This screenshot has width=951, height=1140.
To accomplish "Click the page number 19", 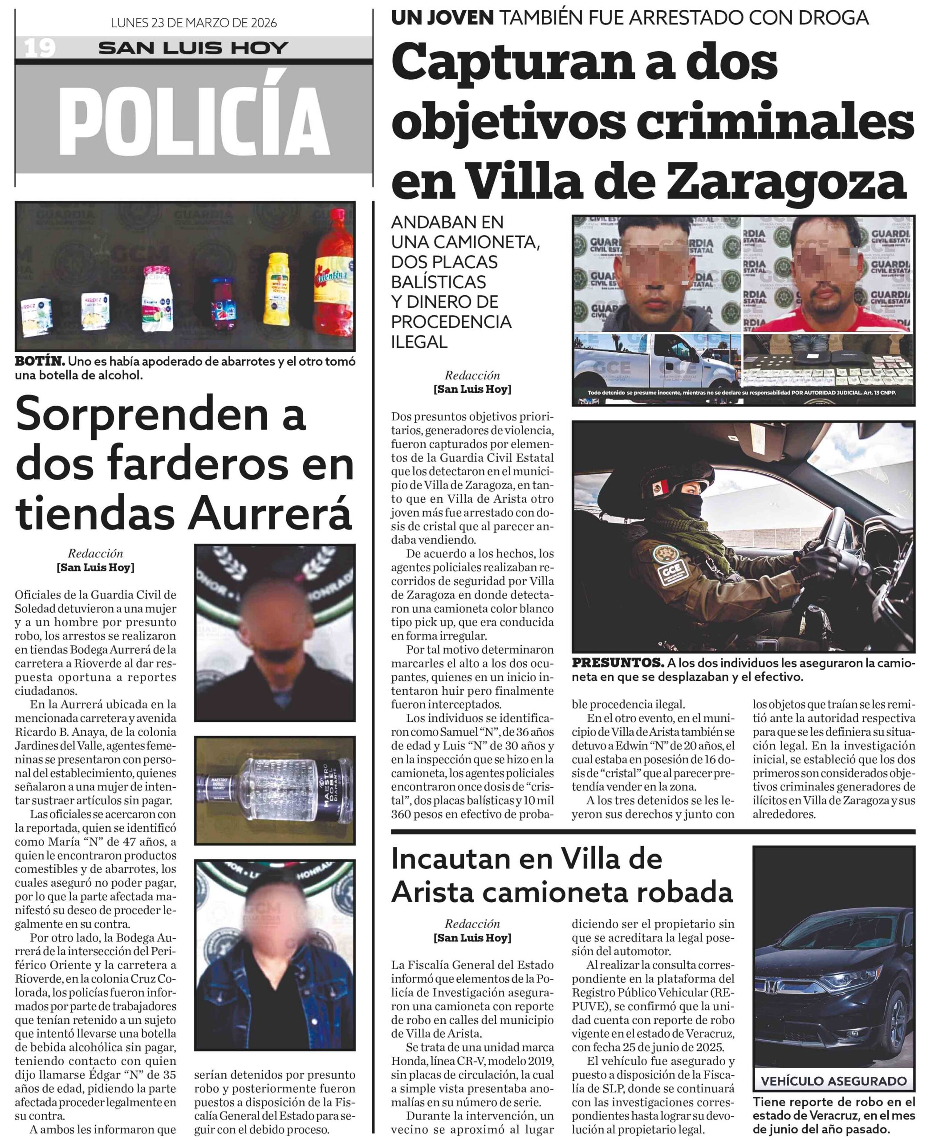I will (x=40, y=48).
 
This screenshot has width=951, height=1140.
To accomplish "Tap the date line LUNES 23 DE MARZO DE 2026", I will (x=194, y=23).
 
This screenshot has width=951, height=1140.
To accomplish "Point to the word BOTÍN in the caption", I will (x=40, y=361).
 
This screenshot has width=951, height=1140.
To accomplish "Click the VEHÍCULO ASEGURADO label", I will (x=833, y=1080).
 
